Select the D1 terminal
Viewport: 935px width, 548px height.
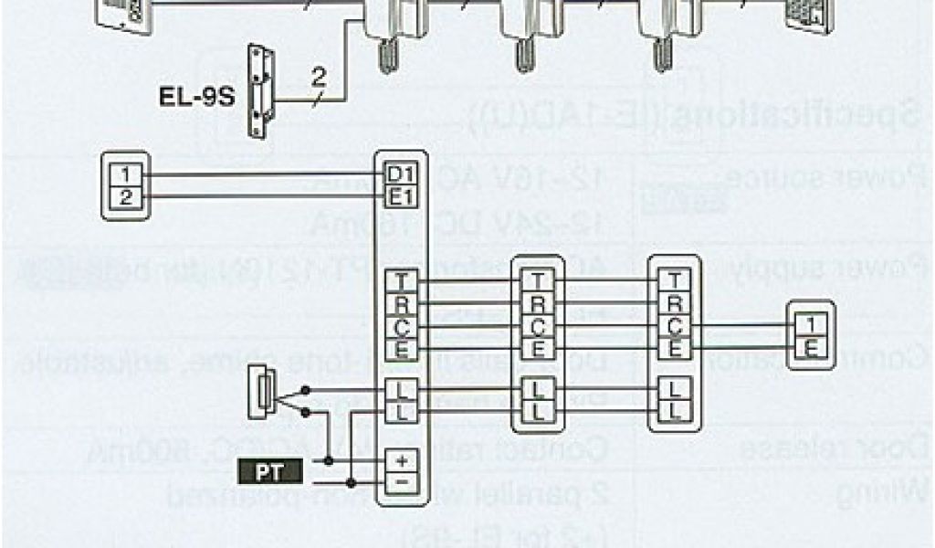[x=402, y=174]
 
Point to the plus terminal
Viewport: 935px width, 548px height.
[x=402, y=461]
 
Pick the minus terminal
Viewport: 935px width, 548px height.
[x=402, y=480]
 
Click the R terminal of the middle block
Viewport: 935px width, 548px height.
[x=538, y=303]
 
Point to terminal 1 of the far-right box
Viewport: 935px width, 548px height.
[x=810, y=325]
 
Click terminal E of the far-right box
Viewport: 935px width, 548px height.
[x=810, y=347]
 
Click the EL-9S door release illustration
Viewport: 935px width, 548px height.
[x=262, y=90]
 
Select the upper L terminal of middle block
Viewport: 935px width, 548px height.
[x=538, y=390]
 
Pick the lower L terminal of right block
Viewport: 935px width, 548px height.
[x=675, y=411]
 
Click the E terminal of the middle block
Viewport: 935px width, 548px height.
[x=538, y=347]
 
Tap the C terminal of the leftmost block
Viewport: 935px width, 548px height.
[x=402, y=325]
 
